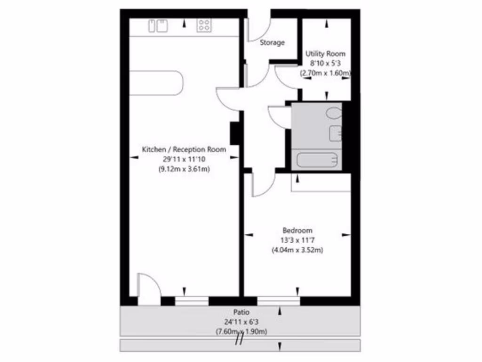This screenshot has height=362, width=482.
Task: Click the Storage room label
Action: click(272, 43)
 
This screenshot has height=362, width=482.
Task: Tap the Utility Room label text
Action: click(325, 54)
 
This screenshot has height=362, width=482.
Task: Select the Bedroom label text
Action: click(297, 230)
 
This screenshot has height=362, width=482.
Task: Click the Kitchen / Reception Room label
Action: click(184, 149)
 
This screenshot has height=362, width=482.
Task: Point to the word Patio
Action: click(241, 312)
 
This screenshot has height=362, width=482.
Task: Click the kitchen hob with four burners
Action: click(204, 25)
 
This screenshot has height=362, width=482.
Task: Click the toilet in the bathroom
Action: click(334, 114)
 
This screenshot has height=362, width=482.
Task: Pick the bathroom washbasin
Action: click(336, 133)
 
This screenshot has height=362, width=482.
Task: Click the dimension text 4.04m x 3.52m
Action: click(297, 250)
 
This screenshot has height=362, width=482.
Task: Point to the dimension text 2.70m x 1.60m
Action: click(326, 74)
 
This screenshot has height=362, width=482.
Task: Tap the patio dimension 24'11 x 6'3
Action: click(241, 322)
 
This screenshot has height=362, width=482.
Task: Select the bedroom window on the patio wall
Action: click(278, 301)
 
